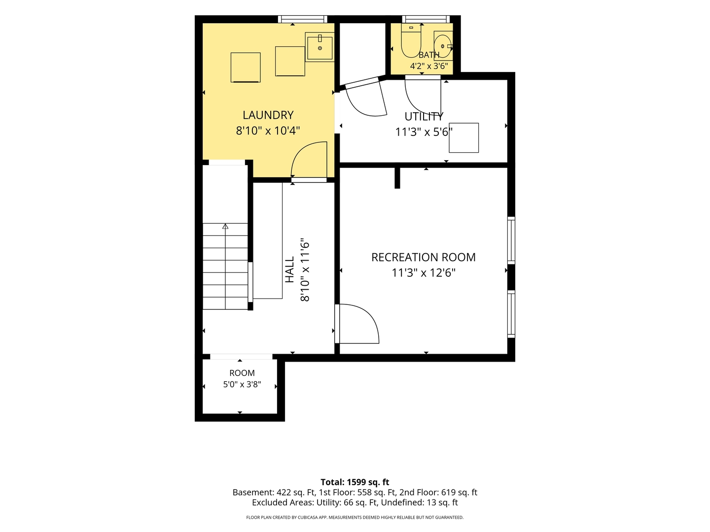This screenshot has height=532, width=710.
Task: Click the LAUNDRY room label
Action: (x=268, y=115)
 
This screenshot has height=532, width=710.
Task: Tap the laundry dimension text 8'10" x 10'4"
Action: (x=268, y=131)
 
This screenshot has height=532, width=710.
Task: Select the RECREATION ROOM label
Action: (x=424, y=257)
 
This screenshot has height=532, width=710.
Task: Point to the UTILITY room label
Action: (x=424, y=116)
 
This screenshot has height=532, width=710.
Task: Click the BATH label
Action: (x=429, y=55)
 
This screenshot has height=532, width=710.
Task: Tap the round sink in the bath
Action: (x=443, y=46)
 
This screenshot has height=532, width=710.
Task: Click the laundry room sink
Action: (x=319, y=47)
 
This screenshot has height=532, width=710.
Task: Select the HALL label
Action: (x=290, y=269)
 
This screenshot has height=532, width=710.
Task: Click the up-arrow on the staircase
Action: (x=225, y=227)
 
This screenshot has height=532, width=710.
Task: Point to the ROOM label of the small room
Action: (x=242, y=373)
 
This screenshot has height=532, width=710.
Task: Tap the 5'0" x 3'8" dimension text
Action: (x=242, y=384)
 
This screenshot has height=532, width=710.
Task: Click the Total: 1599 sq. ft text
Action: (x=355, y=482)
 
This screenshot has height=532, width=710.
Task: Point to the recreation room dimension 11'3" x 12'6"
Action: (x=424, y=273)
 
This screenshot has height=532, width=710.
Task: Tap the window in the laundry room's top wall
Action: (x=303, y=19)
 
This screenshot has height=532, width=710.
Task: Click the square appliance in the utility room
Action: (x=463, y=137)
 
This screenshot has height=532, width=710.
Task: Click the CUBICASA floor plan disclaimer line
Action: (x=355, y=517)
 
